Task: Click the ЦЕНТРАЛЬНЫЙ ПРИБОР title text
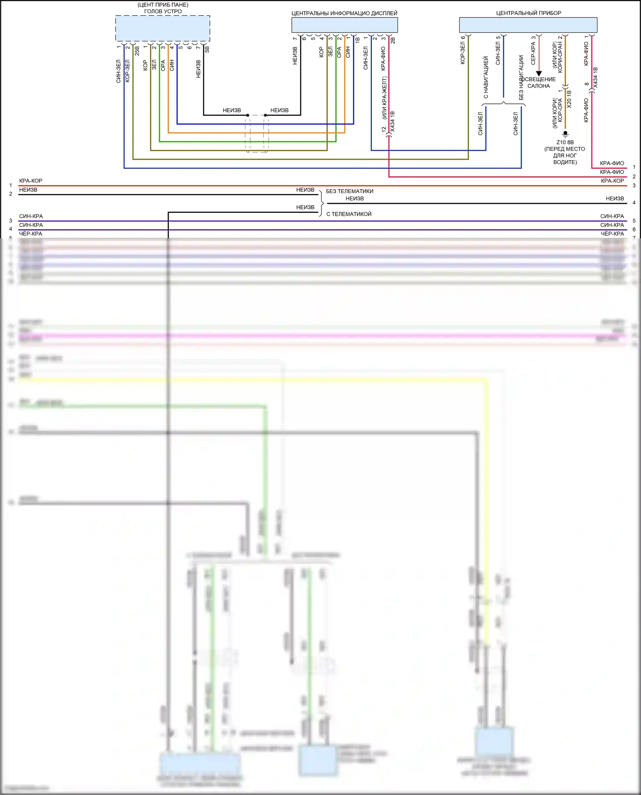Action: click(528, 13)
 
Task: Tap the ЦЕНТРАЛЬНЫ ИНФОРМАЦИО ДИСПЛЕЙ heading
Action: click(344, 13)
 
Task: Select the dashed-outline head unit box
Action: click(162, 28)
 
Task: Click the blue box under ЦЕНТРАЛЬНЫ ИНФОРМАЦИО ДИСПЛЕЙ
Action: click(344, 25)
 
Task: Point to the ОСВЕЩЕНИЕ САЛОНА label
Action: click(540, 82)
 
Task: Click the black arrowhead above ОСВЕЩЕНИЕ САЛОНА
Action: click(539, 73)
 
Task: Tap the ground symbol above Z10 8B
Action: click(565, 134)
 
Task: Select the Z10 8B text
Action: click(565, 142)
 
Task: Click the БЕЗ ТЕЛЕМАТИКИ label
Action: click(350, 191)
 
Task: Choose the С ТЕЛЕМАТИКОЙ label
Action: click(349, 214)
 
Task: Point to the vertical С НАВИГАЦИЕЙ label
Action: click(486, 77)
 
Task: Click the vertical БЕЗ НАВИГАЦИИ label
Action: click(521, 77)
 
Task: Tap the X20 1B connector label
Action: click(569, 99)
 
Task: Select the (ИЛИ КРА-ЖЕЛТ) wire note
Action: click(384, 98)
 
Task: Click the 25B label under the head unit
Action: click(137, 51)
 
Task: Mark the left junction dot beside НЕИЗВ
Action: click(247, 115)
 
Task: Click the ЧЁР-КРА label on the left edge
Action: click(31, 234)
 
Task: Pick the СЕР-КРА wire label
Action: click(533, 50)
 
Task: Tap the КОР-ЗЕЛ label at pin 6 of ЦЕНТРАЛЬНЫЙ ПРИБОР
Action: click(463, 50)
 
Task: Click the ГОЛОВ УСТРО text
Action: click(163, 11)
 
